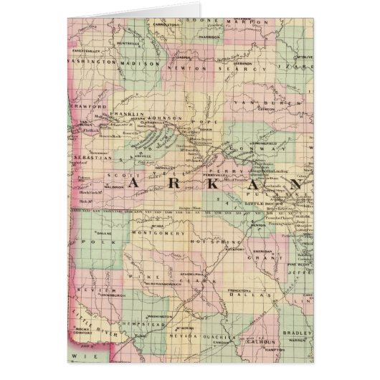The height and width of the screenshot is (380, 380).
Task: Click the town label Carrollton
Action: [166, 23]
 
